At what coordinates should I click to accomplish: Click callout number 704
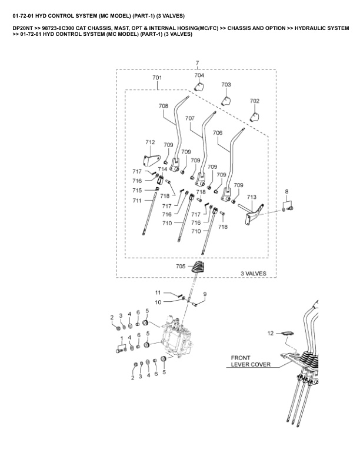199,75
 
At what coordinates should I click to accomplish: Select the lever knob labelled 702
255,115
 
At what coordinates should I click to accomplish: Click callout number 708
163,106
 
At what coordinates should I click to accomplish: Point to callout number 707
190,118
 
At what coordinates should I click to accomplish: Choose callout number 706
217,133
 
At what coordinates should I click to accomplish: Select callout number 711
136,201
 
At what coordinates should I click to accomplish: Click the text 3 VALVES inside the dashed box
254,273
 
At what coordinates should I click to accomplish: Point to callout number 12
271,333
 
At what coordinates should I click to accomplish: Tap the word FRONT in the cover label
241,357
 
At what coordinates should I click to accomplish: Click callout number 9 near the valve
205,294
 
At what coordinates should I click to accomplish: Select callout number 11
158,292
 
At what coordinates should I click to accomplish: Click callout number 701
157,78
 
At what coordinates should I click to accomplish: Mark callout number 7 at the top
197,62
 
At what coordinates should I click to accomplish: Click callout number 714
162,169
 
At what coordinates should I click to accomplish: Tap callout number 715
136,191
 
